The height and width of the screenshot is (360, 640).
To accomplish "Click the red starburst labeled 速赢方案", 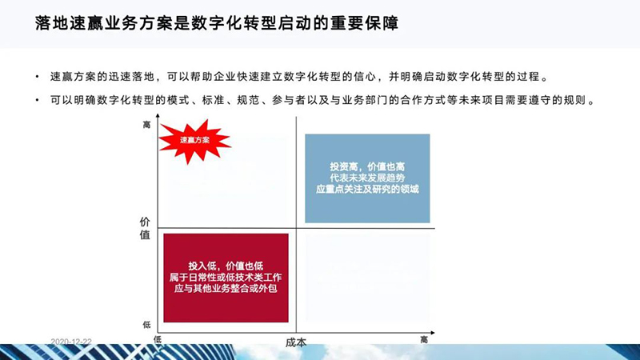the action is [194, 141].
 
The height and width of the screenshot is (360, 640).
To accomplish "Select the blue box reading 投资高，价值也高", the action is [367, 178].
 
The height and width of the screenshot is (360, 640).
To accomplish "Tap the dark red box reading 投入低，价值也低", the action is [226, 278].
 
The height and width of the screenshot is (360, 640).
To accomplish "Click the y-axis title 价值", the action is [145, 228].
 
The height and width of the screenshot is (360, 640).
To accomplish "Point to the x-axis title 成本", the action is [296, 342].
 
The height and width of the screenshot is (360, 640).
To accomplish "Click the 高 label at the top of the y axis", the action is [146, 125].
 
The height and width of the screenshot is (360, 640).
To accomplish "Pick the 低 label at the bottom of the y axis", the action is [146, 325].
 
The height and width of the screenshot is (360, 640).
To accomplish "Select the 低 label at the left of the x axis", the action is [158, 339].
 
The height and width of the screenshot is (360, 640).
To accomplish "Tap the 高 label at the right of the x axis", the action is [424, 339].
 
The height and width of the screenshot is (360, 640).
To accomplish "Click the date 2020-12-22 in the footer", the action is [71, 342].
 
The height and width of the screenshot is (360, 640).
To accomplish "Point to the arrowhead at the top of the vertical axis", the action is [158, 116].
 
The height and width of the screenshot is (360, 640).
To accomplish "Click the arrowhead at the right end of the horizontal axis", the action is [433, 333].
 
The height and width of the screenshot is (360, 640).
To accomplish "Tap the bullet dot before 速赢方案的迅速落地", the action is [37, 76].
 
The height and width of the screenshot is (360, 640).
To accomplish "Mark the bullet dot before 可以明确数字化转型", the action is [37, 100].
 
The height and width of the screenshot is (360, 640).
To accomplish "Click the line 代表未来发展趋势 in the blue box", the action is [367, 178].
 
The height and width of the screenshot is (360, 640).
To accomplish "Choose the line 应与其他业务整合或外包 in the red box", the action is [226, 289].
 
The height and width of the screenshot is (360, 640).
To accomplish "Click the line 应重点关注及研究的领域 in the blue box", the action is [367, 189].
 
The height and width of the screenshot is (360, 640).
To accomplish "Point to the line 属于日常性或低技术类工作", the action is [226, 278].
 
